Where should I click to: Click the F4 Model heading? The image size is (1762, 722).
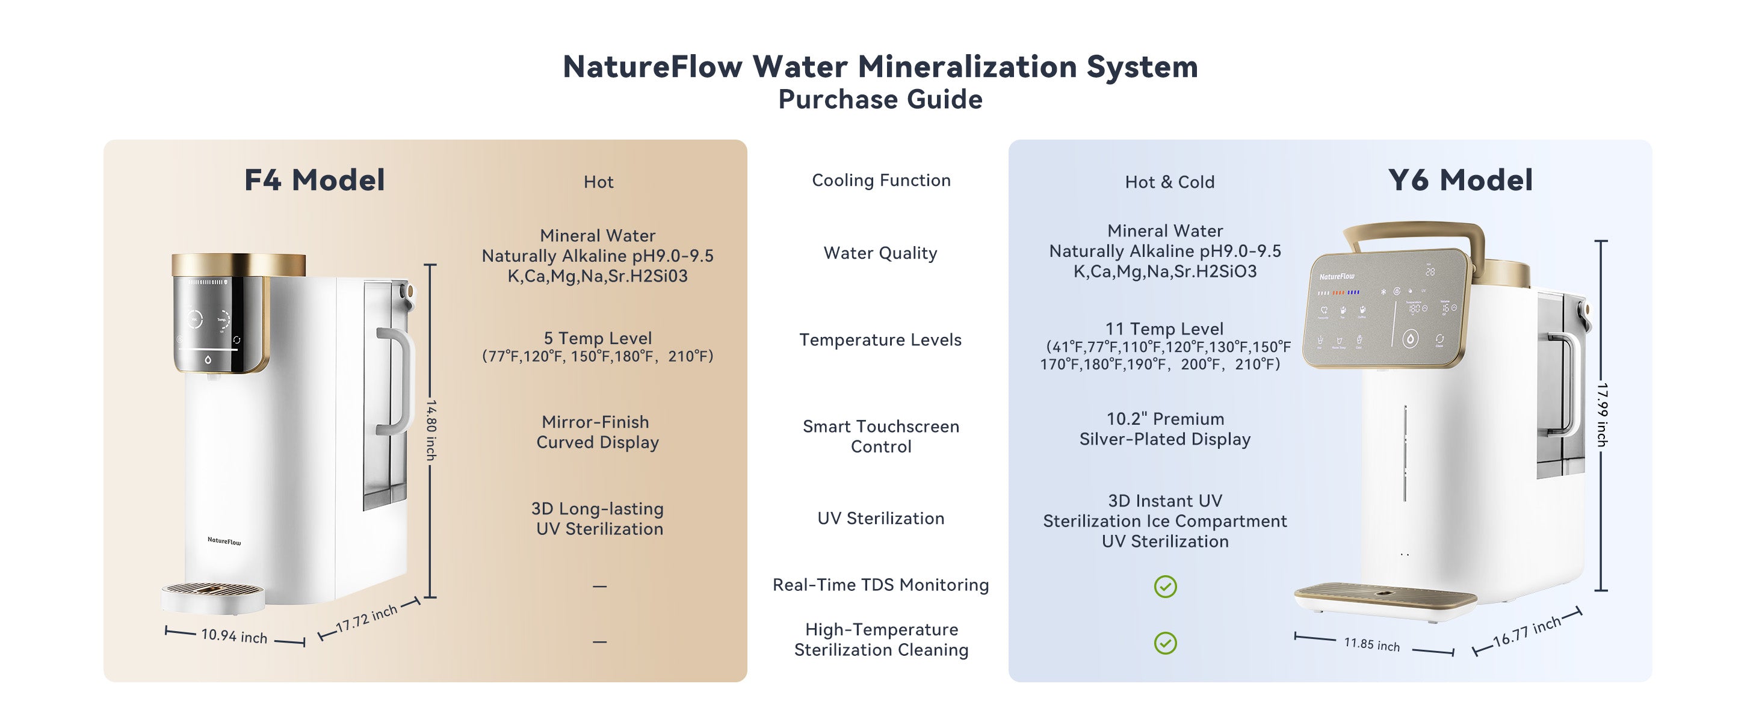(x=315, y=180)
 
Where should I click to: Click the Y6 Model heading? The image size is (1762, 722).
(x=1461, y=180)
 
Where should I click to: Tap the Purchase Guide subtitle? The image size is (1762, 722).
(x=880, y=99)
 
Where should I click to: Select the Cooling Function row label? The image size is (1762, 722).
(x=881, y=180)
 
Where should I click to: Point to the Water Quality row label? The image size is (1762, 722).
(x=880, y=253)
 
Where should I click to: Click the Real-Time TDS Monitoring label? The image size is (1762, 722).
(x=880, y=585)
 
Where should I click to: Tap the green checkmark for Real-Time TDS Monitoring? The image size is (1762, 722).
(x=1166, y=587)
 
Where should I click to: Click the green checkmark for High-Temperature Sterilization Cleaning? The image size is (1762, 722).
(x=1166, y=643)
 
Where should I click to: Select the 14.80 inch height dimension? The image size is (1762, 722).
(x=431, y=430)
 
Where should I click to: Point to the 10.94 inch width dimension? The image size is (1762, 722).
(x=234, y=636)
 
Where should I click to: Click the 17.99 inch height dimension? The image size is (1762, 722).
(x=1602, y=415)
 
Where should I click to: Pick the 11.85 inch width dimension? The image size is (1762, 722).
(x=1371, y=643)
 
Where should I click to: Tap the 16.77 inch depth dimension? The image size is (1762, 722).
(x=1527, y=631)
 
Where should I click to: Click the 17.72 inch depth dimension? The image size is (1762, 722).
(x=366, y=618)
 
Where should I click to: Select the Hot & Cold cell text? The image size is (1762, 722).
(x=1170, y=182)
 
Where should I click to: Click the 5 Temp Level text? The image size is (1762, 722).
(x=598, y=338)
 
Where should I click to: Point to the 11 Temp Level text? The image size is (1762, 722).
(x=1164, y=329)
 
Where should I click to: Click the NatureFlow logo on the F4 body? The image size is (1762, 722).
(x=224, y=541)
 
